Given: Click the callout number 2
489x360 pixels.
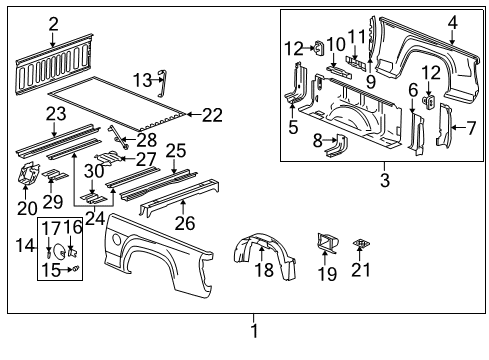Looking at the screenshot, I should tap(53, 23).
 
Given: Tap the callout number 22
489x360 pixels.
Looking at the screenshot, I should tap(211, 115).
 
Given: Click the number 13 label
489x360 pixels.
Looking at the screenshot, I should tap(143, 79).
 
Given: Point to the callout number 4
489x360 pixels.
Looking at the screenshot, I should tap(452, 22).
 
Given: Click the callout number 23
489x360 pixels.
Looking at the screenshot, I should tap(55, 113).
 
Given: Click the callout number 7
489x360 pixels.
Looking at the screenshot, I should tap(469, 127).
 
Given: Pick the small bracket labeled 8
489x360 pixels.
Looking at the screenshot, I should tap(333, 145).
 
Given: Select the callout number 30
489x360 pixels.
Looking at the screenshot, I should tap(93, 170).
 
